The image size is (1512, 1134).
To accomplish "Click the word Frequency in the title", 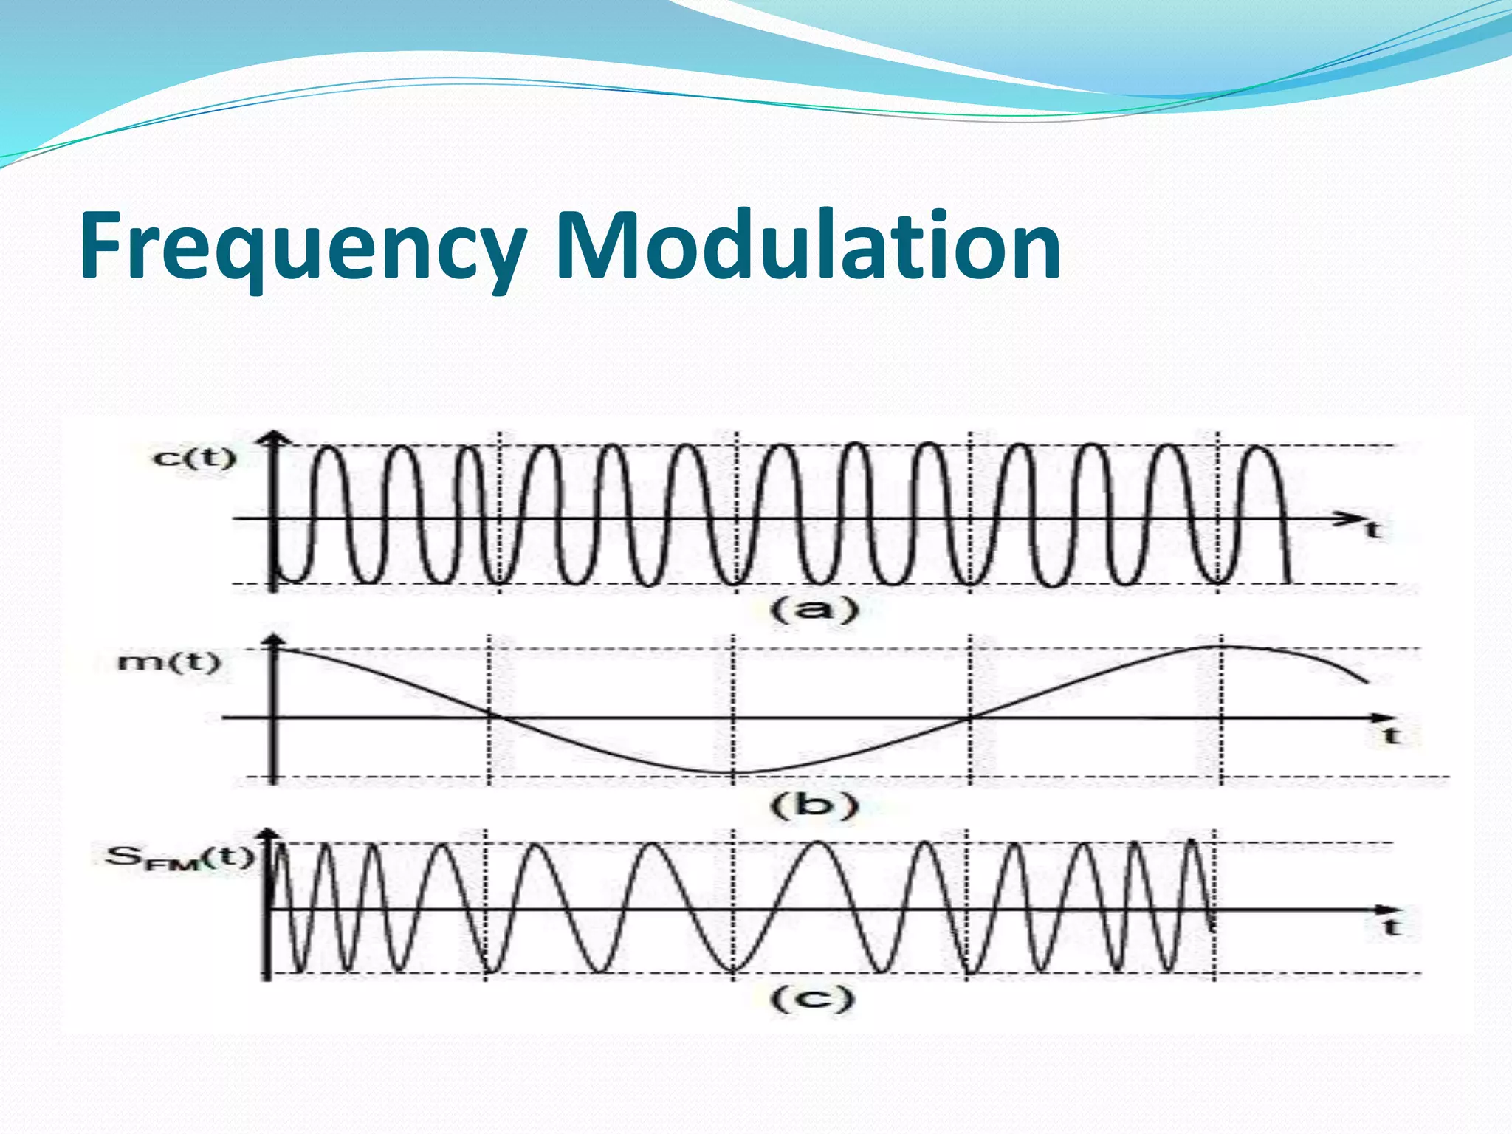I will coord(303,246).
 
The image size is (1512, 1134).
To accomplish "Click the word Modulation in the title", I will coord(808,246).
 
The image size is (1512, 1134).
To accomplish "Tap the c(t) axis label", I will coord(194,458).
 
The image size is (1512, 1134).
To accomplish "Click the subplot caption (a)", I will coord(815,610).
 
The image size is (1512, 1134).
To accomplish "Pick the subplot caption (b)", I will coord(815,805).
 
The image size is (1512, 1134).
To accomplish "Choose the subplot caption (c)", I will coord(812,999).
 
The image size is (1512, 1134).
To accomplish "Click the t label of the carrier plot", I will coord(1372,529).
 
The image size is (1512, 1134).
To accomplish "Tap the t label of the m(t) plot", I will coord(1392,735).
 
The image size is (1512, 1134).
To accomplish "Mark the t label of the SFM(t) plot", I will coord(1392,927).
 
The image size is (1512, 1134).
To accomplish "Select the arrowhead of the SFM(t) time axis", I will coord(1386,910).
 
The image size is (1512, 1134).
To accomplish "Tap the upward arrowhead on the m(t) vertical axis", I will coord(275,641).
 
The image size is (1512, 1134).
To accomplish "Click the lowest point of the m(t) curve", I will coord(733,773).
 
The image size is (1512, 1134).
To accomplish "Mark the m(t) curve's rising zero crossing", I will coord(970,717).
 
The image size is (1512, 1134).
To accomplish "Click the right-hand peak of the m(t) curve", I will coord(1220,647).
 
